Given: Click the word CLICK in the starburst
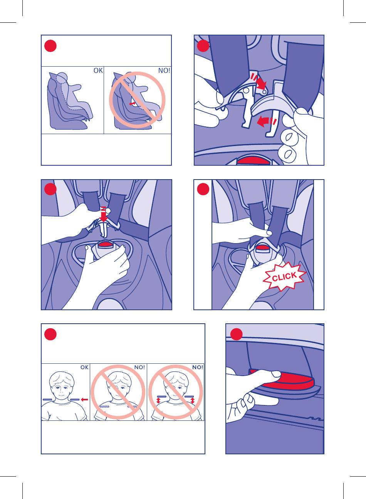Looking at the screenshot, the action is (x=284, y=276).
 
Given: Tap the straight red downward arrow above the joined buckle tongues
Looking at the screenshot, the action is (x=104, y=214).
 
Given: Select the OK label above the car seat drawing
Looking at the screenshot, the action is (x=98, y=71).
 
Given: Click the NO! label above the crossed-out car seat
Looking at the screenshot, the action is (x=164, y=71).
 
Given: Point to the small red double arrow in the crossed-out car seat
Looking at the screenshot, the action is (x=132, y=104).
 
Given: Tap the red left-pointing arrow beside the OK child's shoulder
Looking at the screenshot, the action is (x=84, y=400).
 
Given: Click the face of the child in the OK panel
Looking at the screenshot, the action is (x=62, y=389).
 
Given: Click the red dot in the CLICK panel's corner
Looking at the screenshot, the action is (x=203, y=189).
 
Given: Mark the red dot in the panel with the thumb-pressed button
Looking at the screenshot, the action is (x=236, y=334).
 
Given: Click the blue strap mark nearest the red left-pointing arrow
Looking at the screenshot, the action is (x=75, y=400).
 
